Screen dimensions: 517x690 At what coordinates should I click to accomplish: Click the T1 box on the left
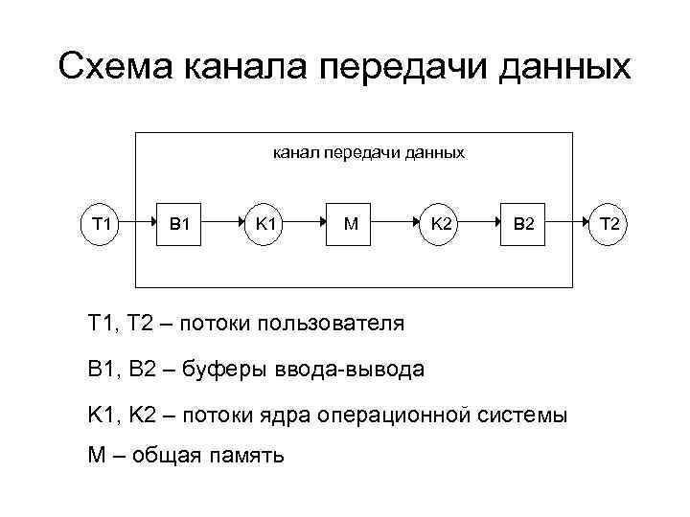point(101,225)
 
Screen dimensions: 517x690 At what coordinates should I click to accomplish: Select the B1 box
point(179,225)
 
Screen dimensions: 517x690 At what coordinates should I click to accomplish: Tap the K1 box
point(265,225)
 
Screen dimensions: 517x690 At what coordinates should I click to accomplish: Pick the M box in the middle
point(352,225)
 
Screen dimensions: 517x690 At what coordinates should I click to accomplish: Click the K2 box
point(442,225)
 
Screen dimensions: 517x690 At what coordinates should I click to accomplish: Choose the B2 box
point(524,225)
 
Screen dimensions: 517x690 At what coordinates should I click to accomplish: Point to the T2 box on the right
point(610,225)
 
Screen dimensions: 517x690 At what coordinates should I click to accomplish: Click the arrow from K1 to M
point(309,225)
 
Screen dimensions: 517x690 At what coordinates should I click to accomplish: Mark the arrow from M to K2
point(396,225)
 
